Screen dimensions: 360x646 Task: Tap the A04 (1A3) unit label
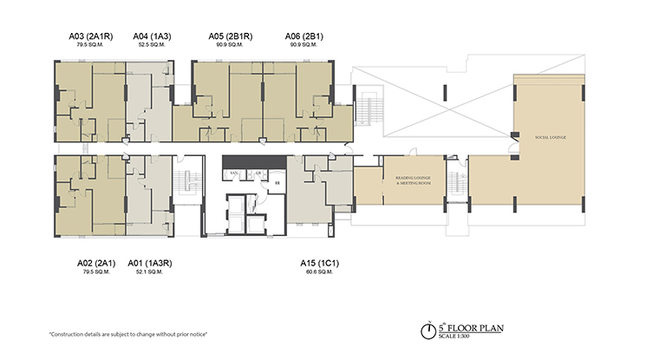coord(151,36)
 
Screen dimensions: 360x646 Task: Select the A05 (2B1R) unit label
coord(230,36)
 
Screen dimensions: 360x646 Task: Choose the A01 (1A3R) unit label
coord(148,261)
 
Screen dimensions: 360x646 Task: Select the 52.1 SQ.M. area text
coord(148,272)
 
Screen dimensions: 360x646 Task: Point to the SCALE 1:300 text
coord(460,337)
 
